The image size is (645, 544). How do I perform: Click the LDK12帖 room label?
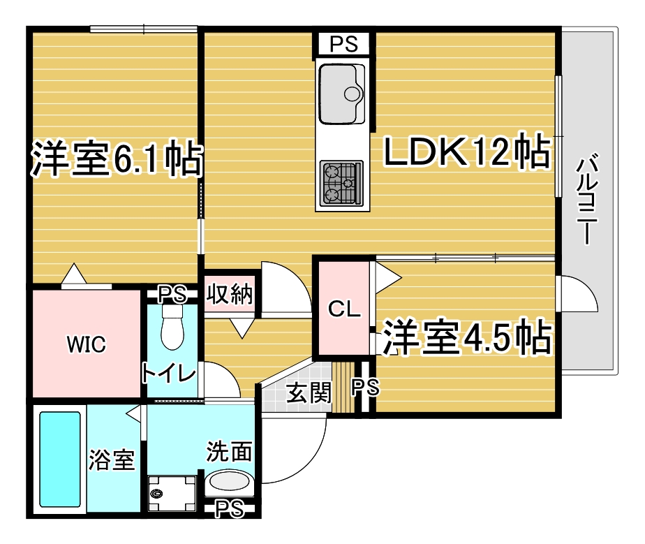click(466, 151)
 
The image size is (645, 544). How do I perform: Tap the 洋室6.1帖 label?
click(117, 159)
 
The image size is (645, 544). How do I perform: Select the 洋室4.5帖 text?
click(467, 337)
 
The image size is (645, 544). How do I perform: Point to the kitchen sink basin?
click(342, 94)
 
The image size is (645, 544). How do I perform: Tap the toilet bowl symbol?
click(172, 327)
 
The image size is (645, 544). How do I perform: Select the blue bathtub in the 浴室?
click(60, 460)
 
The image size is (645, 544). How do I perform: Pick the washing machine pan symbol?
click(172, 493)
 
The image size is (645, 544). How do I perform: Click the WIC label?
click(87, 344)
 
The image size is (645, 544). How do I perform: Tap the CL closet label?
click(344, 309)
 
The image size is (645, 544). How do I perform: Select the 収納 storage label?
click(230, 294)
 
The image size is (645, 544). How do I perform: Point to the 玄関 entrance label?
click(309, 392)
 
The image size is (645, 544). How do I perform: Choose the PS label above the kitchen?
click(344, 43)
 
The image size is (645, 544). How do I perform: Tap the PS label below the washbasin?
click(230, 508)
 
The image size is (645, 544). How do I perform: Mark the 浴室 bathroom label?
click(112, 460)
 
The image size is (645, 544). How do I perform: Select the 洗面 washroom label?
click(230, 452)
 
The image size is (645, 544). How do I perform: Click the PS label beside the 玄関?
click(365, 387)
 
